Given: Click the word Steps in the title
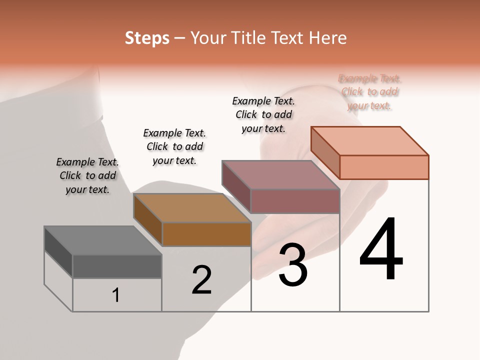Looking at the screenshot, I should (147, 38).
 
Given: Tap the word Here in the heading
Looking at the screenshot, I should (328, 38).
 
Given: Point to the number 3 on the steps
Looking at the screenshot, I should (292, 265).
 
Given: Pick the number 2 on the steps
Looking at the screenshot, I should (202, 280).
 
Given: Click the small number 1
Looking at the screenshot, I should (116, 295).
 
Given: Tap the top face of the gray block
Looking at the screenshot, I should (102, 240).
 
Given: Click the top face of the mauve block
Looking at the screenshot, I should (280, 175).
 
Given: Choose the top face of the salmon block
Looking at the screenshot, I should (370, 141).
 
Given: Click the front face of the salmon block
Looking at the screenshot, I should (384, 167).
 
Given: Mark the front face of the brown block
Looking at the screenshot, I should (206, 234).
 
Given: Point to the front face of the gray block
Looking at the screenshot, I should (117, 266).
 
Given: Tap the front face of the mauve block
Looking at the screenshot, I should (295, 201).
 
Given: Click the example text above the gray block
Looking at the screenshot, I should (87, 175).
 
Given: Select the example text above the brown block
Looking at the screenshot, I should (174, 146).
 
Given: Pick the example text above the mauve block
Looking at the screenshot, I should (263, 114).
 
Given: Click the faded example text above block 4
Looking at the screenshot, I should (369, 92).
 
